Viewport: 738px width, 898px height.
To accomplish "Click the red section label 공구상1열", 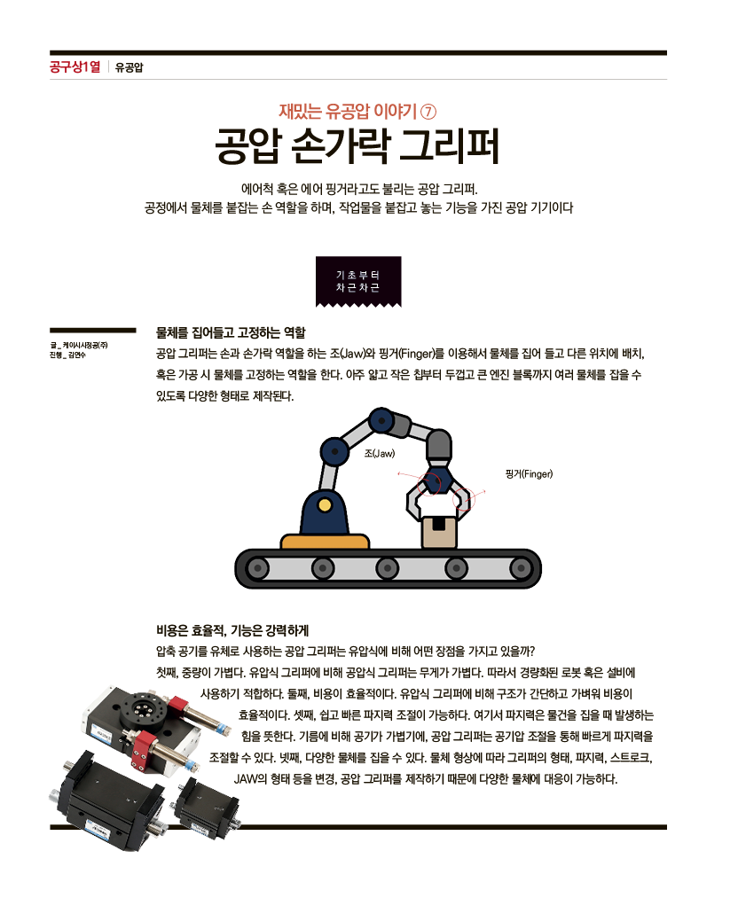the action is click(75, 67).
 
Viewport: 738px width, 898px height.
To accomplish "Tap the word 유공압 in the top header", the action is click(129, 67).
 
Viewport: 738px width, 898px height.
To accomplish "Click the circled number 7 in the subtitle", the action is click(428, 111).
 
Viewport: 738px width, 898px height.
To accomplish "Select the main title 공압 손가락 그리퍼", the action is click(357, 146).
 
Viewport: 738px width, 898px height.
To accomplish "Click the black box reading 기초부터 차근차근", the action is click(358, 281).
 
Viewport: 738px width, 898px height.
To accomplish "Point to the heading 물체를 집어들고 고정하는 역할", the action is click(231, 332).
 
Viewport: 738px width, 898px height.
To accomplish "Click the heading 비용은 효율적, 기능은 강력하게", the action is click(232, 630).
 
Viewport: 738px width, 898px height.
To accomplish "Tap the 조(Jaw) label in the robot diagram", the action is click(380, 454).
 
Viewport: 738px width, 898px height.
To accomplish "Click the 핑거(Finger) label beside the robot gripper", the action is click(529, 473).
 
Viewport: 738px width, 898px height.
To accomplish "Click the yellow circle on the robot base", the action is click(325, 505).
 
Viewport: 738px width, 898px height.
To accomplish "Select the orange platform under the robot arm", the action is click(325, 542).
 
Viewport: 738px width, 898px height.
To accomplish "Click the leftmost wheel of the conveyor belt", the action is click(258, 569).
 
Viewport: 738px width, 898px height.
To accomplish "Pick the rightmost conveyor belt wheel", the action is click(521, 569).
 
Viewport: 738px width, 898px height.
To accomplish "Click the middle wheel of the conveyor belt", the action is click(388, 569).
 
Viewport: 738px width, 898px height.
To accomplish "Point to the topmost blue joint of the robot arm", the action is click(381, 421).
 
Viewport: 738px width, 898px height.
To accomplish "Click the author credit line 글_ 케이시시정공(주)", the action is click(78, 346).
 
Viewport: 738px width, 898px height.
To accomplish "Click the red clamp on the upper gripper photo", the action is click(143, 750).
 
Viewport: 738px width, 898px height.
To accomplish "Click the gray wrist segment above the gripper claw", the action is click(439, 445).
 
